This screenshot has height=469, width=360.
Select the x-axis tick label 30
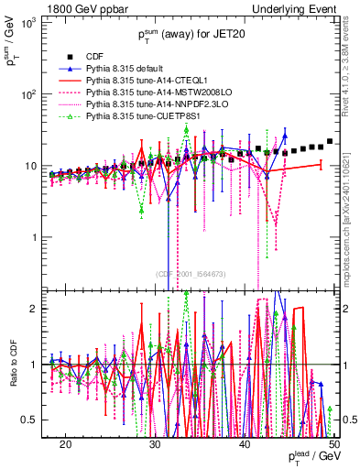coord(156,442)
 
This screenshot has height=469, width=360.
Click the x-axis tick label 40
coord(245,442)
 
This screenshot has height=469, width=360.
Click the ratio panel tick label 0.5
coord(37,420)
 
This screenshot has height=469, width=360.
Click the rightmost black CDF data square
coord(330,141)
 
